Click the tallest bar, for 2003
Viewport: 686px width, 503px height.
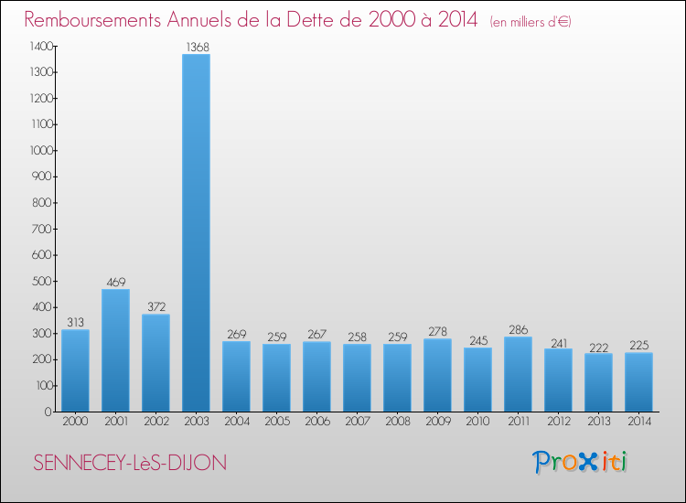click(196, 233)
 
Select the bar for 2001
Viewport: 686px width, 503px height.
click(115, 350)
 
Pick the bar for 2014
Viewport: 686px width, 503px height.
click(638, 382)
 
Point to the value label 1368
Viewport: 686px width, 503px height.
click(196, 47)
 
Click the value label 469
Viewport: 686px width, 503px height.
click(115, 282)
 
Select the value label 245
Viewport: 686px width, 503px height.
click(477, 340)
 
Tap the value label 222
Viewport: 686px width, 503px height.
click(598, 346)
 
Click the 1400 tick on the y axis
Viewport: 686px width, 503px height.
click(40, 46)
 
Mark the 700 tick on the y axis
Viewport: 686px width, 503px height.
click(43, 229)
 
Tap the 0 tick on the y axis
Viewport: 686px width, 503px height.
click(49, 412)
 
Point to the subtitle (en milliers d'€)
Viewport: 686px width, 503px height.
click(531, 21)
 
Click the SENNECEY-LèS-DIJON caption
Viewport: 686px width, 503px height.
click(129, 463)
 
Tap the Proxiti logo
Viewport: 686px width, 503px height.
click(580, 462)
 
